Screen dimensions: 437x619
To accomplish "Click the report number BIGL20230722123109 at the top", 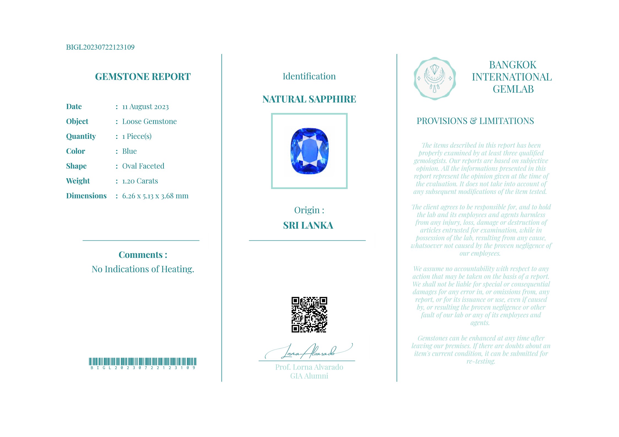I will [100, 47].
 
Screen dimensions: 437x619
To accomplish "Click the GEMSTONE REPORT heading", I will [143, 77].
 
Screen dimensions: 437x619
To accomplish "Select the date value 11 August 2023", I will [145, 107].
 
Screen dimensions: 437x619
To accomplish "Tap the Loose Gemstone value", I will [149, 122].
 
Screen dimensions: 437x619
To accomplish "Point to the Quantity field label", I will [81, 136].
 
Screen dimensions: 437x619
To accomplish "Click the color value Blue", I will [129, 151].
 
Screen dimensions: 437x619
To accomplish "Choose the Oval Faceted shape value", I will [143, 166].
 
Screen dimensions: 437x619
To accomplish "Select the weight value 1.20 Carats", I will [140, 181].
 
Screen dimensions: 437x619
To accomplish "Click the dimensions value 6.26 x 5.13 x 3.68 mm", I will [155, 196].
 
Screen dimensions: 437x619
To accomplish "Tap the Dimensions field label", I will [86, 196].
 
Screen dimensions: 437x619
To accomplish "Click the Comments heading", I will [143, 255].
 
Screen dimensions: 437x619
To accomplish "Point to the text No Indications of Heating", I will [143, 269].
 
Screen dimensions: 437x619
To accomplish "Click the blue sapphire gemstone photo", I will [309, 151].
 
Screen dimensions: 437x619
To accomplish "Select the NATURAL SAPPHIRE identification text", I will [309, 99].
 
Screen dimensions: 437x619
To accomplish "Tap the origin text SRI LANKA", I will [308, 225].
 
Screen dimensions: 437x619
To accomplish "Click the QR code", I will [309, 315].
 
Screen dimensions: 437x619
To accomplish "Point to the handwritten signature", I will [309, 352].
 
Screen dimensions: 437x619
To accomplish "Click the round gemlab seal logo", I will [435, 79].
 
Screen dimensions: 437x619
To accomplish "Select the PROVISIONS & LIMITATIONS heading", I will [475, 121].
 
